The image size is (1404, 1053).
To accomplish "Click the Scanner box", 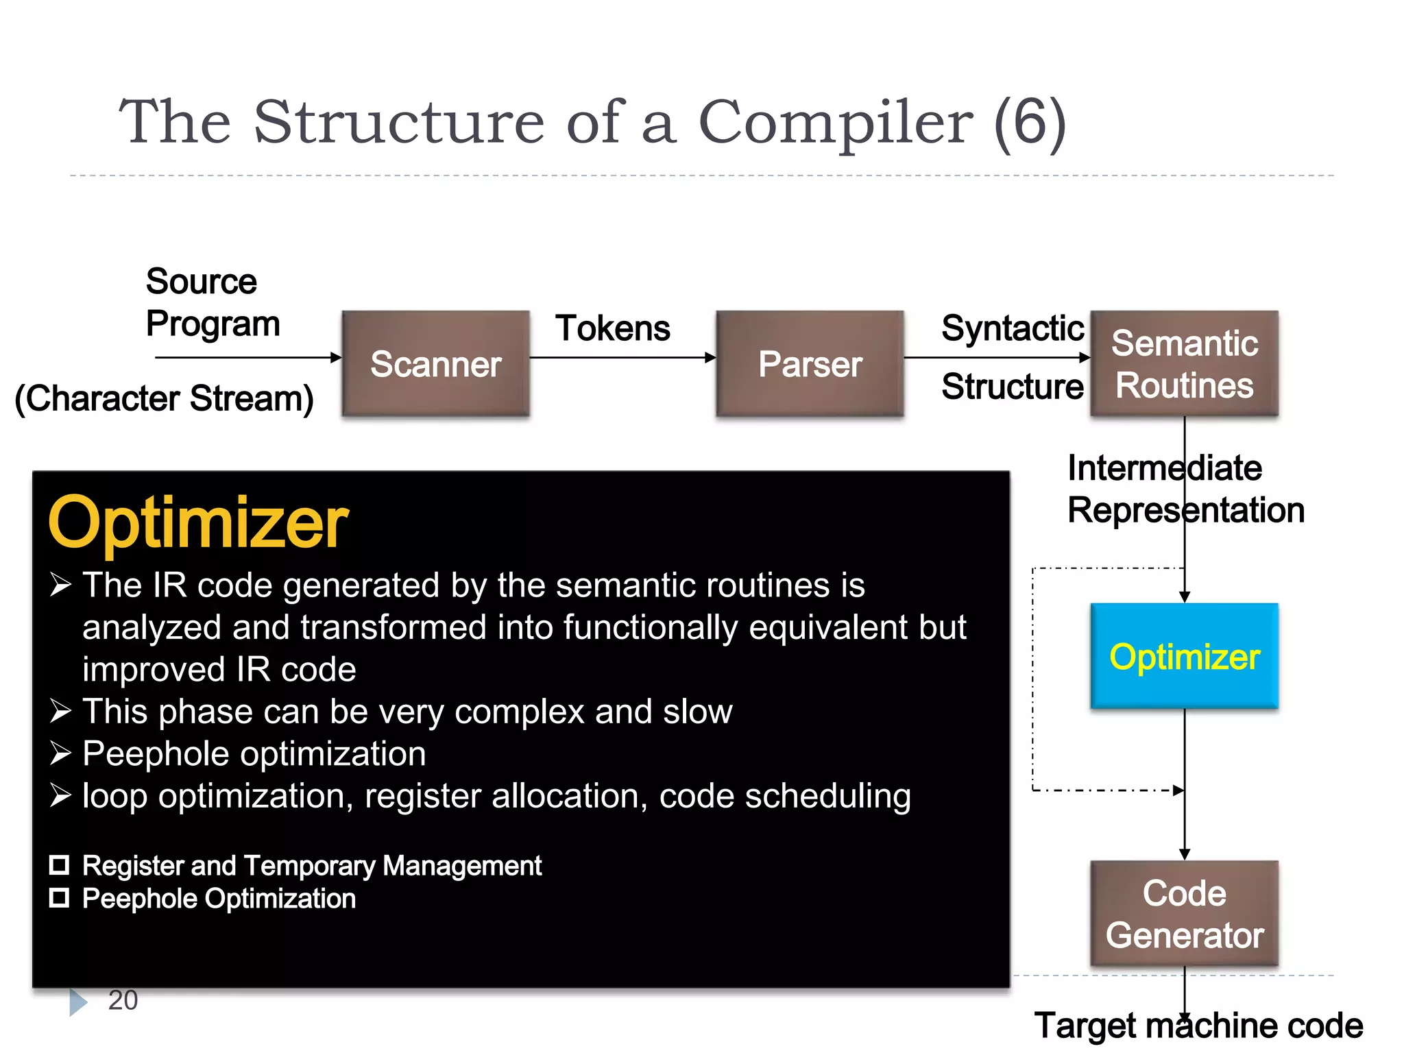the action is point(436,363).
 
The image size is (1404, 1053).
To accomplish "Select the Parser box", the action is point(810,363).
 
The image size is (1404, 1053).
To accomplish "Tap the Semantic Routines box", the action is point(1184,363).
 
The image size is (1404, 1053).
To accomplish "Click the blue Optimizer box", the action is point(1184,656).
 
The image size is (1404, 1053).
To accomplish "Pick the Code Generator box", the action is point(1184,913).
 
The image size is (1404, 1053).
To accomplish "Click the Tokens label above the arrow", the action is point(612,328).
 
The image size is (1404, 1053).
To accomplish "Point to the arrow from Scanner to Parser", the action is point(622,357).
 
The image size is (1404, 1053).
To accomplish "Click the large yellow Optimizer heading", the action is point(198,522).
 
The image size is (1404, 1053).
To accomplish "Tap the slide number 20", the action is point(123,1000).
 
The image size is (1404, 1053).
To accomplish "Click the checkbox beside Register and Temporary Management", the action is point(60,865).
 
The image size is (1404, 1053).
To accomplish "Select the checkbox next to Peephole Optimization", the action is point(60,898).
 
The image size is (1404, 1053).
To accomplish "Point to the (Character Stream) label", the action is point(165,398).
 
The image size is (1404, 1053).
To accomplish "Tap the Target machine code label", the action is point(1198,1026).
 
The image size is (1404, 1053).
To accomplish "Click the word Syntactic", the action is point(1012,328).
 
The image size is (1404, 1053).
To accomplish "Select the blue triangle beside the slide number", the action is point(78,1002).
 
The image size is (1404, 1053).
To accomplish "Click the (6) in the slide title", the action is point(1030,122).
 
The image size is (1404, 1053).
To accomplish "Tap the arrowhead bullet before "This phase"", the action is point(60,711).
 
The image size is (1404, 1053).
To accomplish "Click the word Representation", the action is point(1186,511).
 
